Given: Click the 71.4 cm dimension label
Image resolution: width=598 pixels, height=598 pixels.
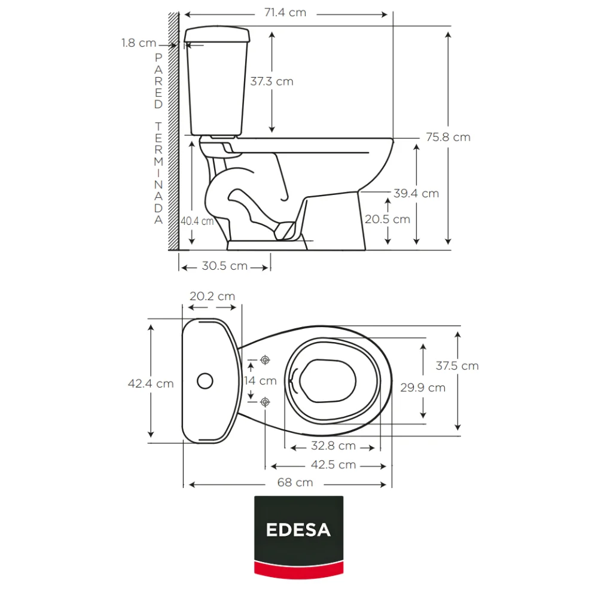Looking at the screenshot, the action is [285, 13].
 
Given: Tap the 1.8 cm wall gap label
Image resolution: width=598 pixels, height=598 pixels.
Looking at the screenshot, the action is [139, 42].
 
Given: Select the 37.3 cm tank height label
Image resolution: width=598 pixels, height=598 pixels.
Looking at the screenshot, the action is [271, 81].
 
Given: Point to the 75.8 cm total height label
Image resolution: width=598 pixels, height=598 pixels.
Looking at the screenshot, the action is [448, 137].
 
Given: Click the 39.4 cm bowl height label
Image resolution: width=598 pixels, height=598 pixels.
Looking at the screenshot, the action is [416, 193].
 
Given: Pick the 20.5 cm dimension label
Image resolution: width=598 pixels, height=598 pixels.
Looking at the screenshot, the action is [388, 219].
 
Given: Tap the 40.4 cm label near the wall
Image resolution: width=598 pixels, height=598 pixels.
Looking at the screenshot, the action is [197, 221].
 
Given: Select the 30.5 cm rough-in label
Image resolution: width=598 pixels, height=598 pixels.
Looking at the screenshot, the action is [225, 266].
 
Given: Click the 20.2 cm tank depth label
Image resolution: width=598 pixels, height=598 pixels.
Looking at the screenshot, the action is [212, 296].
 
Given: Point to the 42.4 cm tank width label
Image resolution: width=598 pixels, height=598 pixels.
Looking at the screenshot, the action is [151, 383].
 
